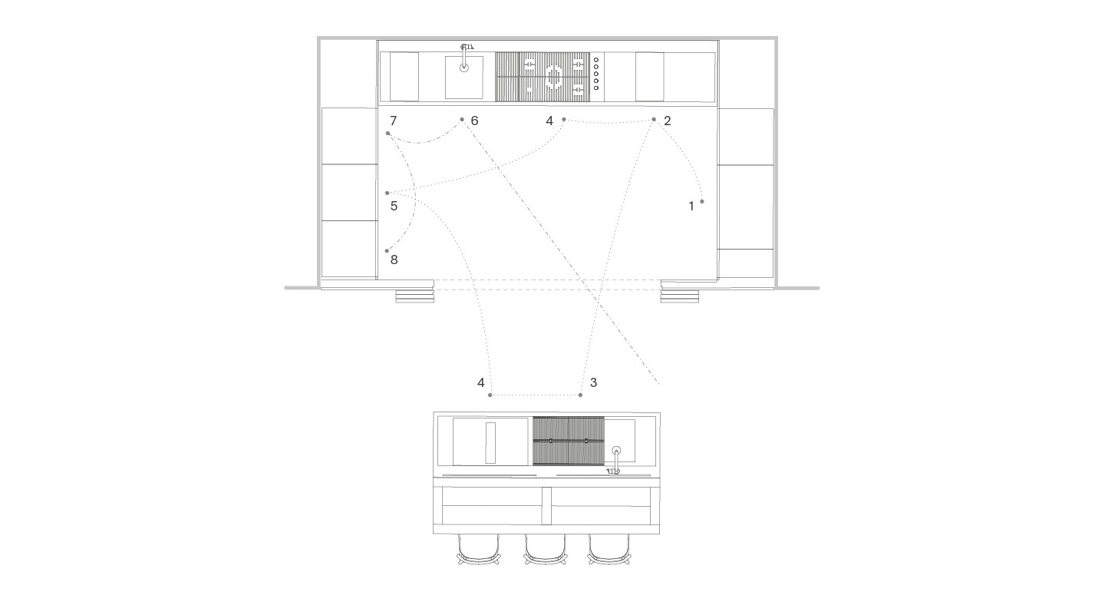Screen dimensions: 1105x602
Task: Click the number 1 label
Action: (691, 207)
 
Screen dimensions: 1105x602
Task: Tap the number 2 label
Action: (668, 121)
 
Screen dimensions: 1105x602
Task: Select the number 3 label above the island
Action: (593, 382)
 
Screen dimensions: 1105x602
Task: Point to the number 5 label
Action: (394, 207)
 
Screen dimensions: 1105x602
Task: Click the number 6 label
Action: (474, 121)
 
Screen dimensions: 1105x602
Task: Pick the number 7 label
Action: (393, 121)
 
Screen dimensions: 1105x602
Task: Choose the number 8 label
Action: (394, 260)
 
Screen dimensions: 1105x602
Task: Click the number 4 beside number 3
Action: (481, 382)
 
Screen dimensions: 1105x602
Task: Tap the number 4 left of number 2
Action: (549, 121)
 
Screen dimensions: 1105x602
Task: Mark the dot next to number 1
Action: (702, 201)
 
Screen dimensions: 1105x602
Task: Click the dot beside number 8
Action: (388, 251)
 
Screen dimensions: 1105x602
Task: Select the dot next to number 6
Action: (462, 120)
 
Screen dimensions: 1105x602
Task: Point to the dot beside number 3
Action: (581, 395)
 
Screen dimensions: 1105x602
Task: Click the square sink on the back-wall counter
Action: (464, 78)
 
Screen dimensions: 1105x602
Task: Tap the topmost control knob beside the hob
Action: (596, 60)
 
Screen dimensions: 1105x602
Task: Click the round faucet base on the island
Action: (616, 451)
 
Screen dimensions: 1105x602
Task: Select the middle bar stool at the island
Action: (545, 549)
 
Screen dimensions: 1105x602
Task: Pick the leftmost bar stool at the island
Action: (479, 549)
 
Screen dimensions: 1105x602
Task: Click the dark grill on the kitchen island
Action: (569, 441)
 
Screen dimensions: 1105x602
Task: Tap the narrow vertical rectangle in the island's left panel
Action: (490, 442)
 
